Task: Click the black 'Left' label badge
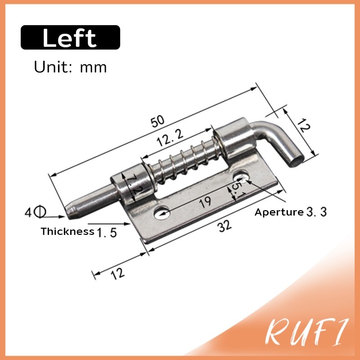[70, 37]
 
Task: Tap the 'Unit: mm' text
[70, 67]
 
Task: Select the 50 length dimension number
[157, 121]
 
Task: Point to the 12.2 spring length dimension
[170, 137]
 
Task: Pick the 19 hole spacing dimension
[205, 202]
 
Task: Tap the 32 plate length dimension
[224, 226]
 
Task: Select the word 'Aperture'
[279, 212]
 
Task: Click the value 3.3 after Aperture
[317, 212]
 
